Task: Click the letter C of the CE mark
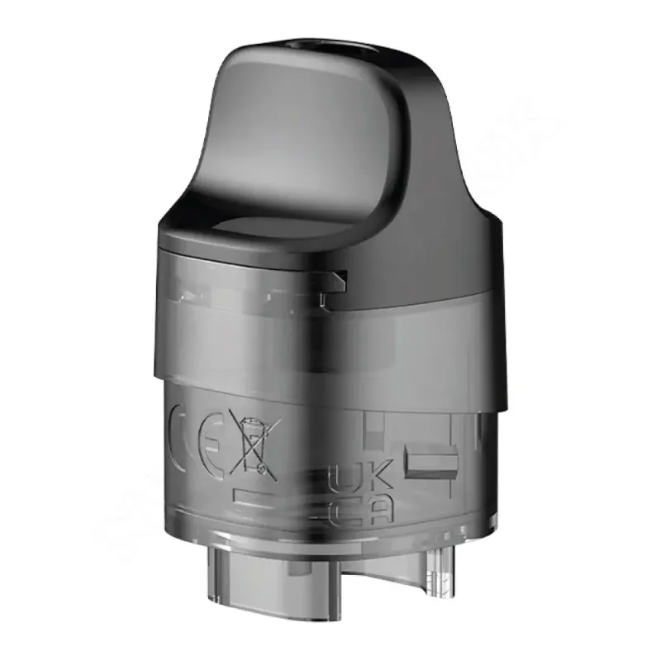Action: (x=183, y=435)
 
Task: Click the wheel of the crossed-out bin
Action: (x=263, y=468)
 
